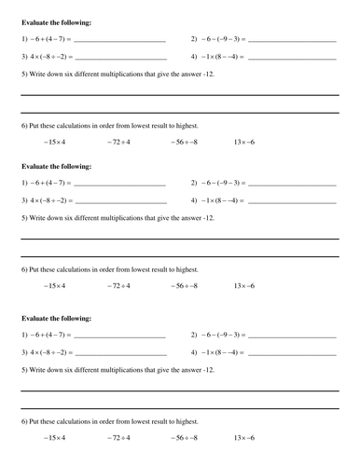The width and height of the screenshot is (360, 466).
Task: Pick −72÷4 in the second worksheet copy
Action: (x=118, y=285)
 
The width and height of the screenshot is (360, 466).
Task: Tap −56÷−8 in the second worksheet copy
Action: (x=184, y=285)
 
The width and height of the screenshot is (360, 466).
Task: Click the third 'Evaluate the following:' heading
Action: (x=56, y=315)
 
